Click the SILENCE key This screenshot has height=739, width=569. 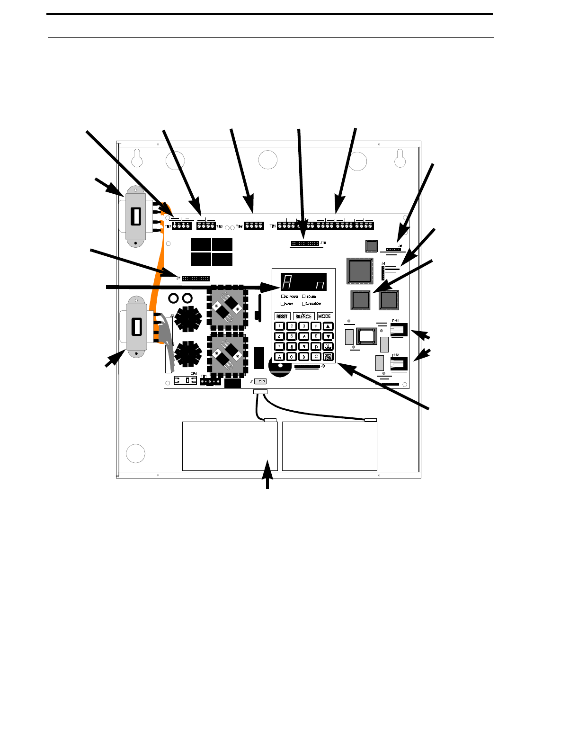303,316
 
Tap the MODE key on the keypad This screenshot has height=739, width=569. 325,316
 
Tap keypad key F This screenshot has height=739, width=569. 316,326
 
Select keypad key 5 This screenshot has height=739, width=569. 292,336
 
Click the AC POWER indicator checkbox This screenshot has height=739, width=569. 283,297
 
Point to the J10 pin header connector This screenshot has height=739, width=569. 305,243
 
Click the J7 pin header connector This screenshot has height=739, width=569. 196,278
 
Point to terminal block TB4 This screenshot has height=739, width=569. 254,226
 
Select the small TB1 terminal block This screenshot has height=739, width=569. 210,381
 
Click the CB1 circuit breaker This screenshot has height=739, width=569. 185,380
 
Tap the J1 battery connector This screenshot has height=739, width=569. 260,381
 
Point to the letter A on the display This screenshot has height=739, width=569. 286,283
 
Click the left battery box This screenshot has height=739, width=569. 230,446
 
